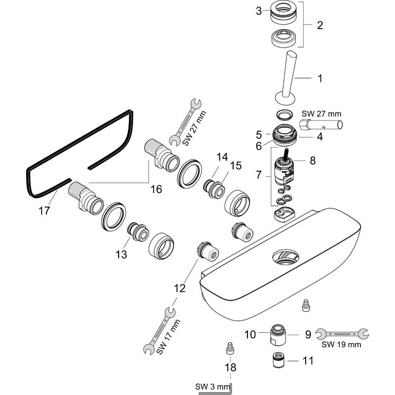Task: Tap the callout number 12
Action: (180, 287)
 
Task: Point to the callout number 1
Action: (320, 78)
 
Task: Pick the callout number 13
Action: (121, 254)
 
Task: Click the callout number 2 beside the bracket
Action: (320, 25)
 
